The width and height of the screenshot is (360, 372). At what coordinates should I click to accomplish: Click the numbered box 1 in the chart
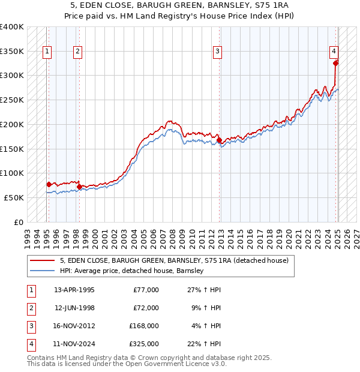pyautogui.click(x=47, y=52)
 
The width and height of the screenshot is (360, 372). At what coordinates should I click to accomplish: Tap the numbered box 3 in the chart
pyautogui.click(x=217, y=52)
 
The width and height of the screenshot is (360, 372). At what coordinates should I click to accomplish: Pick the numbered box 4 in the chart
pyautogui.click(x=334, y=52)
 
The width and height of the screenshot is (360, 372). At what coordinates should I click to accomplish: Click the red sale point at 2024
pyautogui.click(x=335, y=62)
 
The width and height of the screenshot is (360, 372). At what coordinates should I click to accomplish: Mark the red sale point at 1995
pyautogui.click(x=49, y=184)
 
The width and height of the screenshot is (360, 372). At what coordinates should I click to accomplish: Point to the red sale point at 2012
pyautogui.click(x=219, y=140)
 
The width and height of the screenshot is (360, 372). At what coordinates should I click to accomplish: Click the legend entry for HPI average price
pyautogui.click(x=132, y=271)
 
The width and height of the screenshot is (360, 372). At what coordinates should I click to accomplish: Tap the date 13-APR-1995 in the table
pyautogui.click(x=74, y=290)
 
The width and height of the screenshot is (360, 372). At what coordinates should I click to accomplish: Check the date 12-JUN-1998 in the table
pyautogui.click(x=74, y=308)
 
